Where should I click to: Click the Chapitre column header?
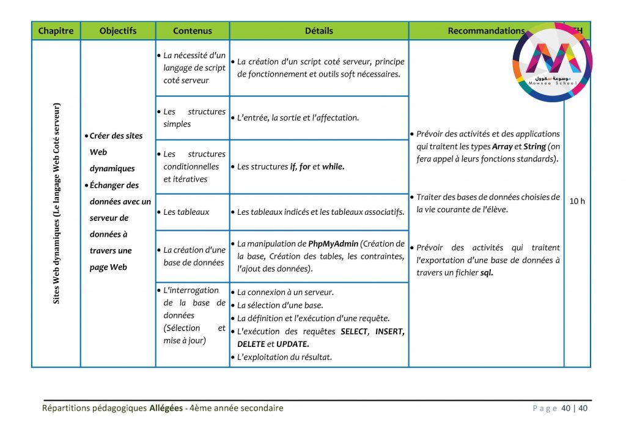pyautogui.click(x=56, y=31)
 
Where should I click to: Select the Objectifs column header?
pyautogui.click(x=118, y=31)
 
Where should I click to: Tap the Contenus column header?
pyautogui.click(x=193, y=31)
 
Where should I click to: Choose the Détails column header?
pyautogui.click(x=319, y=31)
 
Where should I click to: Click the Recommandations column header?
pyautogui.click(x=486, y=31)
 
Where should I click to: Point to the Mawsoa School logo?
pyautogui.click(x=553, y=61)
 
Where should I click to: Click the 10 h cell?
pyautogui.click(x=577, y=201)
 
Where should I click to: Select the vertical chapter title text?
pyautogui.click(x=56, y=203)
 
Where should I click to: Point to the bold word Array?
pyautogui.click(x=502, y=147)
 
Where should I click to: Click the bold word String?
pyautogui.click(x=534, y=147)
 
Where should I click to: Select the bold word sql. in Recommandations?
pyautogui.click(x=487, y=273)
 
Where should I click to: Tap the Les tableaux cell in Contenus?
pyautogui.click(x=186, y=212)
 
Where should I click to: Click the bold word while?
pyautogui.click(x=333, y=166)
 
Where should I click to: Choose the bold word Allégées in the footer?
pyautogui.click(x=166, y=408)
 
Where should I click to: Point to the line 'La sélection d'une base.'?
pyautogui.click(x=280, y=305)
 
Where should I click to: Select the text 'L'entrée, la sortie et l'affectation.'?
pyautogui.click(x=298, y=117)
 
